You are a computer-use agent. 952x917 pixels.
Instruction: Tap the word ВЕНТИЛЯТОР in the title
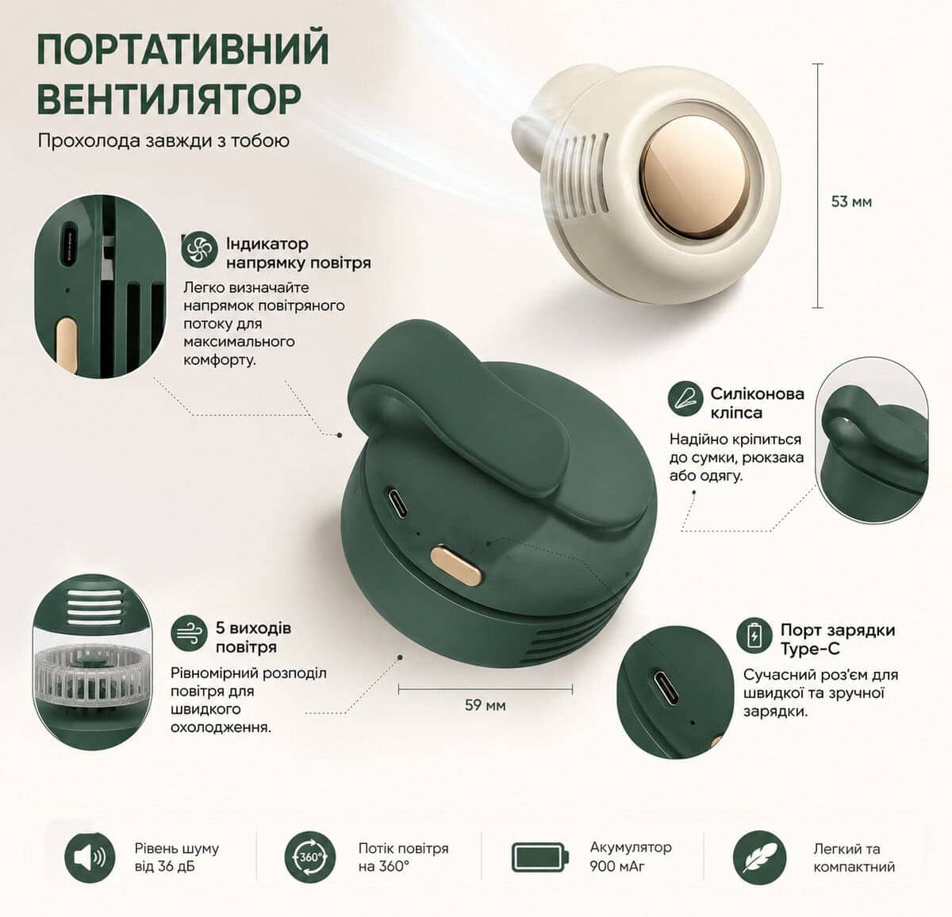tap(169, 98)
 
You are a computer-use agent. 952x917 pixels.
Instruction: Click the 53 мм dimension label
tap(851, 201)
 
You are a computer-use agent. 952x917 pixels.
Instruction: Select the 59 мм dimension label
tap(485, 704)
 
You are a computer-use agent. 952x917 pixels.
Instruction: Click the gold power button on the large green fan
tap(456, 565)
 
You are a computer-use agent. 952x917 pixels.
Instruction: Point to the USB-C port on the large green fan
tap(397, 502)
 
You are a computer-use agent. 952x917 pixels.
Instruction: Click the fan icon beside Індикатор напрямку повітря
tap(199, 250)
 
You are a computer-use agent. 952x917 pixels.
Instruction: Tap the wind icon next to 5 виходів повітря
tap(189, 633)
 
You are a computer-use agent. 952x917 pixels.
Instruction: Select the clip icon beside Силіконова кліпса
tap(685, 399)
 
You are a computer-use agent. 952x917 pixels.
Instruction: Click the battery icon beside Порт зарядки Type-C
tap(754, 635)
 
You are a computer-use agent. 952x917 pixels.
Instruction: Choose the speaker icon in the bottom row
tap(90, 857)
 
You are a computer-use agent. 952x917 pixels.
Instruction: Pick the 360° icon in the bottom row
tap(310, 857)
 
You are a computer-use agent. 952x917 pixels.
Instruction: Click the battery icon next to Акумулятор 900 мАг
tap(540, 857)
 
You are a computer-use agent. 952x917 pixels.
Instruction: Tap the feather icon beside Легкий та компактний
tap(760, 857)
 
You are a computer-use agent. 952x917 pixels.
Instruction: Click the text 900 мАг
tap(617, 866)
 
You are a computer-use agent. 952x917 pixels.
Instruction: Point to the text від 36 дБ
tap(164, 866)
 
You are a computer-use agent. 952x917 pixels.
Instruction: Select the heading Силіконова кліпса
tap(758, 403)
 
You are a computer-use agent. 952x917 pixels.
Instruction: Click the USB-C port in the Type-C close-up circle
tap(666, 687)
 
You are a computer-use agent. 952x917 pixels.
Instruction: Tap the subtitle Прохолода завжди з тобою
tap(164, 141)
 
